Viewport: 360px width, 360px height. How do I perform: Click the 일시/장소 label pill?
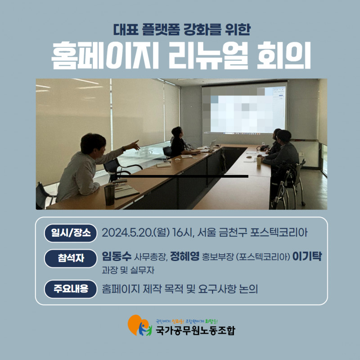(x=71, y=233)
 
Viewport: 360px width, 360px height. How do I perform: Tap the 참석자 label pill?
(x=71, y=258)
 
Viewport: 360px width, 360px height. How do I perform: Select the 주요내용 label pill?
(x=71, y=289)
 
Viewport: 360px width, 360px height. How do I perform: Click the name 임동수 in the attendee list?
(x=117, y=256)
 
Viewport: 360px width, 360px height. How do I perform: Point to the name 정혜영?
(x=185, y=256)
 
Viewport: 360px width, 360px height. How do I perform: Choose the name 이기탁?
(x=307, y=256)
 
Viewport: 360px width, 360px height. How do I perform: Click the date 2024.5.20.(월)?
(x=136, y=233)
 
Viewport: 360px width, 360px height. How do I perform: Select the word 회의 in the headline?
(x=284, y=55)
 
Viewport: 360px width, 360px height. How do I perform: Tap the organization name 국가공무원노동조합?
(x=195, y=331)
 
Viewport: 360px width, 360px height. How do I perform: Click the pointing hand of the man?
(x=134, y=145)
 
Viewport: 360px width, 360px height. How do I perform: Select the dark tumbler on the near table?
(x=109, y=195)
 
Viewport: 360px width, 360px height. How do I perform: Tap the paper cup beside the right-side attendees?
(x=259, y=161)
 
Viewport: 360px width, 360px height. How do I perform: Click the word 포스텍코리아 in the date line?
(x=279, y=233)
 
